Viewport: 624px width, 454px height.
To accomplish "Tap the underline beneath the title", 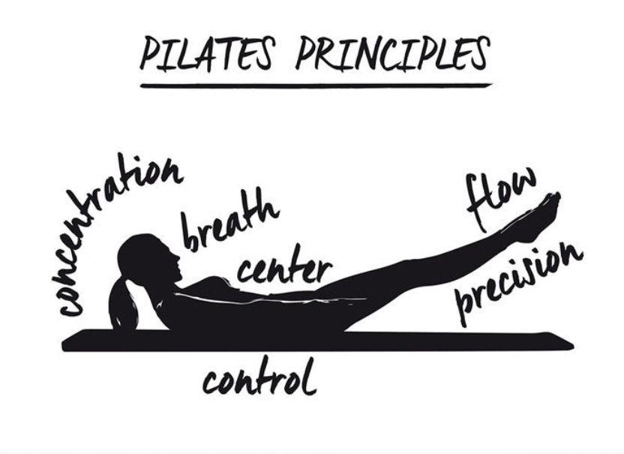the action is click(x=315, y=86).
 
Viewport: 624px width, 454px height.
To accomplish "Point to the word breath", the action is click(x=229, y=218).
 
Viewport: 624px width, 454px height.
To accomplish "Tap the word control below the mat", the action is click(x=259, y=379).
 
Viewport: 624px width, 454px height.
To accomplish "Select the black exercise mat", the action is click(x=315, y=341).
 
